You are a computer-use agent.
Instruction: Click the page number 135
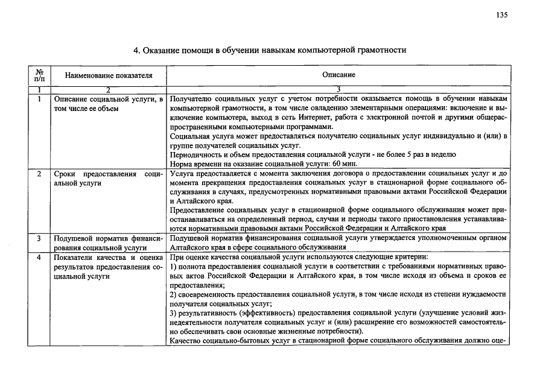coord(501,16)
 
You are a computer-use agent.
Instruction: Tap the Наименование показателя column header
coord(109,75)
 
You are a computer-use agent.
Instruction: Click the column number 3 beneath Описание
coord(338,90)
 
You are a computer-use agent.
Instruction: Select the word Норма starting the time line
coord(182,164)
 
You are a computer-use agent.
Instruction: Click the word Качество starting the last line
coord(188,341)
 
